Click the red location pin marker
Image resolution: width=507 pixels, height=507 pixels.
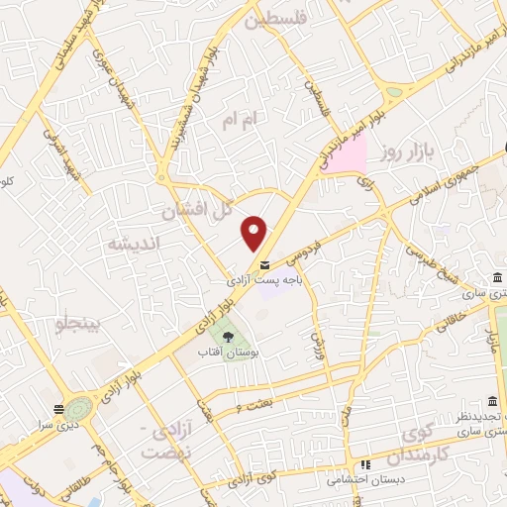254,233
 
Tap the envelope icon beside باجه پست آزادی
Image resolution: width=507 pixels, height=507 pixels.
264,265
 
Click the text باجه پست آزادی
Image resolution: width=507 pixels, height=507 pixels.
263,282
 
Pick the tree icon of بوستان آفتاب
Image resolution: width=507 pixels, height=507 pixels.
229,337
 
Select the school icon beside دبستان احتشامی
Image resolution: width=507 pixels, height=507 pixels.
365,464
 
